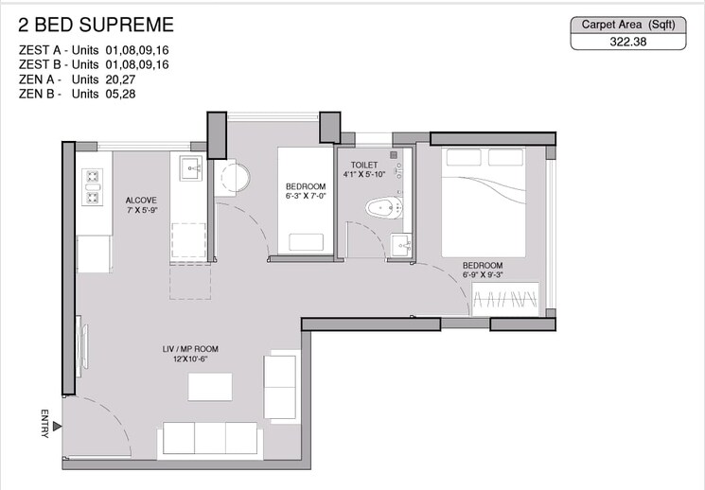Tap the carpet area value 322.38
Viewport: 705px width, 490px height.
pyautogui.click(x=626, y=42)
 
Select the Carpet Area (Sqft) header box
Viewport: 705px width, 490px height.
pyautogui.click(x=626, y=26)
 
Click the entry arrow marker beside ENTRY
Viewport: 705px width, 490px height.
pyautogui.click(x=59, y=426)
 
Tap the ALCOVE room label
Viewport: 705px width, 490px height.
pyautogui.click(x=141, y=201)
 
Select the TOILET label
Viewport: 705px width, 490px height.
pyautogui.click(x=365, y=165)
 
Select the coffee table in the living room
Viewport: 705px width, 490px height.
pyautogui.click(x=210, y=387)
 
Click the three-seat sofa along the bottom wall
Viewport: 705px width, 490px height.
pyautogui.click(x=209, y=437)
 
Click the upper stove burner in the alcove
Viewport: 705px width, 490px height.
pyautogui.click(x=94, y=176)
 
